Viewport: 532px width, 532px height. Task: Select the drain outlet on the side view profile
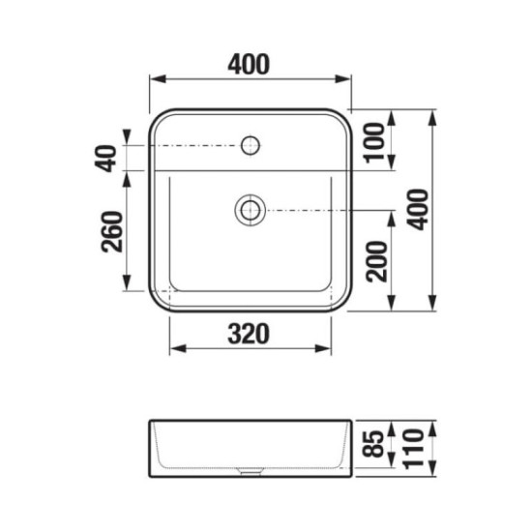click(x=250, y=473)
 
